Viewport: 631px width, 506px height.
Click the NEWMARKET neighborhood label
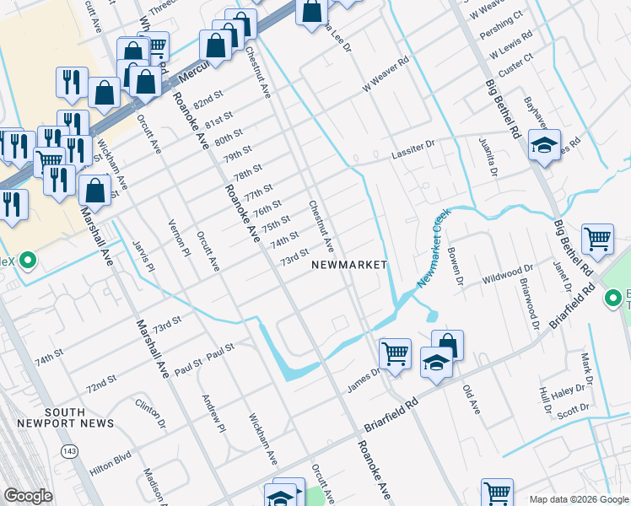(349, 265)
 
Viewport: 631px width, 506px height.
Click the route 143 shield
(70, 452)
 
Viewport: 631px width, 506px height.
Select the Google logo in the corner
(28, 496)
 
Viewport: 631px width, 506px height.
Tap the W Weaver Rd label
(385, 73)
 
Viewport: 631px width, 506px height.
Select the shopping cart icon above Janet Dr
(597, 238)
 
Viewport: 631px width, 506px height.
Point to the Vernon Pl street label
(180, 232)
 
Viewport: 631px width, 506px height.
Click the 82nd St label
(207, 102)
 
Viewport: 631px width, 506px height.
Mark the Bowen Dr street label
(456, 266)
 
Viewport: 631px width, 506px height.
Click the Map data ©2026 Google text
(579, 498)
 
